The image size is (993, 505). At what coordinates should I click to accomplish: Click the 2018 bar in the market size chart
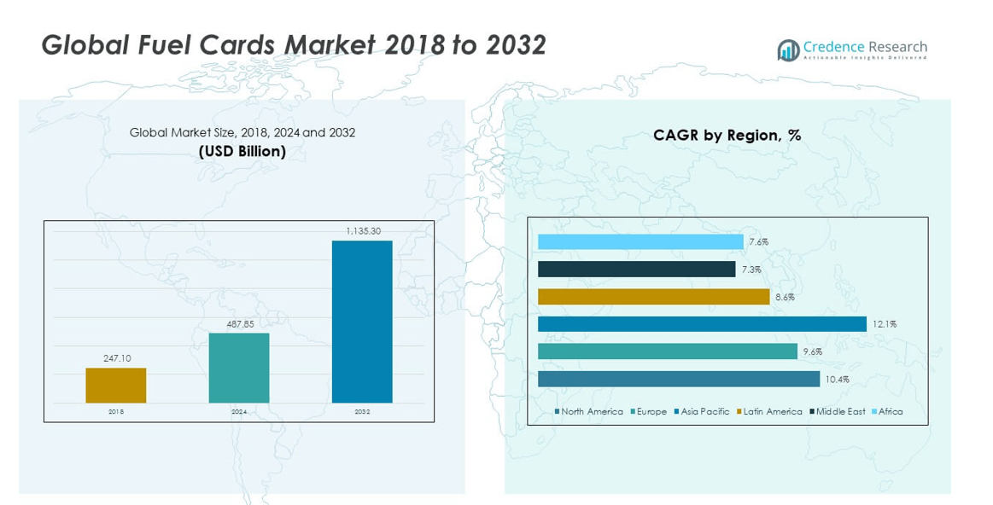click(115, 386)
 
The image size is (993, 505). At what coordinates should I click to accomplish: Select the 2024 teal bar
click(239, 368)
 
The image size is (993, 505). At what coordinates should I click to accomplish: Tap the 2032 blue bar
click(362, 322)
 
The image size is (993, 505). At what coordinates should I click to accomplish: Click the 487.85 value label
click(239, 324)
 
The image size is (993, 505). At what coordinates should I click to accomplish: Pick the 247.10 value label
click(115, 359)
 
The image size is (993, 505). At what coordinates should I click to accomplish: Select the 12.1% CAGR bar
click(702, 324)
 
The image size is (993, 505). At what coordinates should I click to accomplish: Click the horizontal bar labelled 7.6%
click(640, 242)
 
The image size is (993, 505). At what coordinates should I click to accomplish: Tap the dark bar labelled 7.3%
click(636, 270)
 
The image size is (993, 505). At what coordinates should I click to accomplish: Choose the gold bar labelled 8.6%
click(653, 297)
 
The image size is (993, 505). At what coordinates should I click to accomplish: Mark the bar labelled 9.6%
click(667, 351)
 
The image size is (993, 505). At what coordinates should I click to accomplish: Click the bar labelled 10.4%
click(679, 379)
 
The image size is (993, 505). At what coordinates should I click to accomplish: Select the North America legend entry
click(589, 412)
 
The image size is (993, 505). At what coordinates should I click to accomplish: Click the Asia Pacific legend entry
click(702, 412)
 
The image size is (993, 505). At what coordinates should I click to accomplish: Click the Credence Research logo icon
click(787, 50)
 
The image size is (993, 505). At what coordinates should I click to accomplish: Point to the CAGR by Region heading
click(727, 135)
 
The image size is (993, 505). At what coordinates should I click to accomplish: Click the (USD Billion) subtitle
click(242, 152)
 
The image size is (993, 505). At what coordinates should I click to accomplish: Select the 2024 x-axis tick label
click(239, 412)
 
